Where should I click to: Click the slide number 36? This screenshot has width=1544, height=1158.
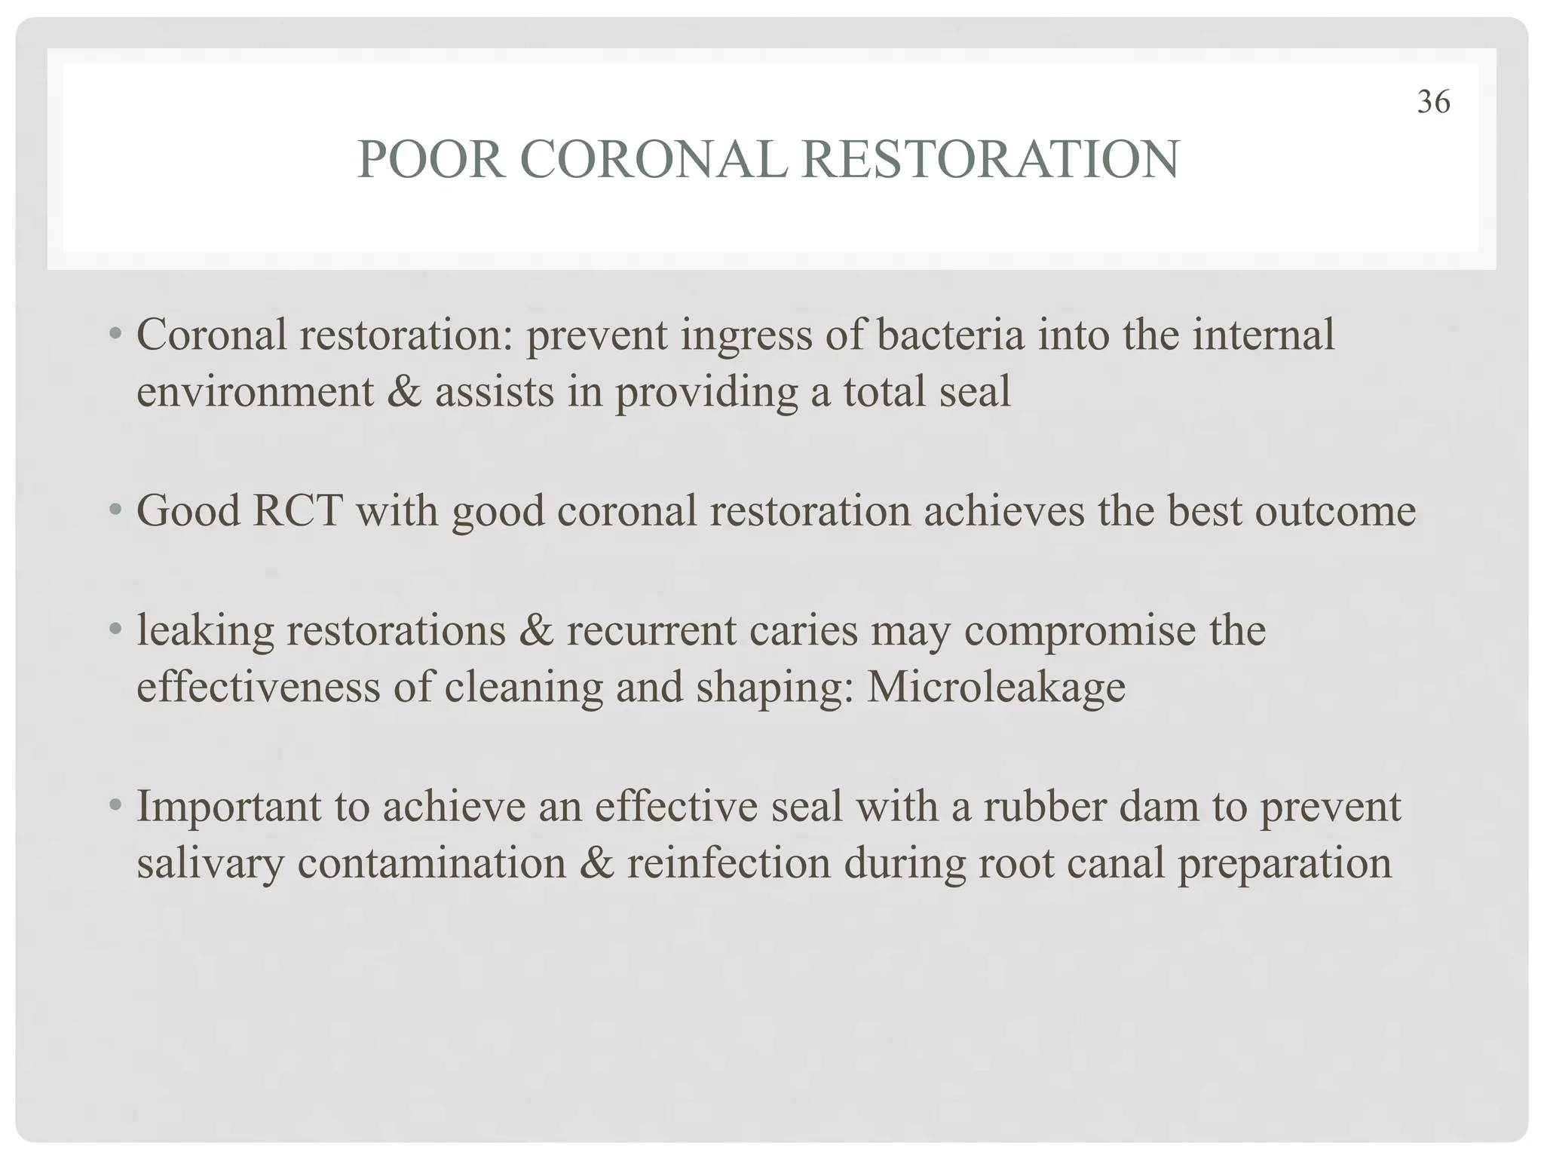(1433, 103)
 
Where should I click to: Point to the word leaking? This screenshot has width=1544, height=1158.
(205, 632)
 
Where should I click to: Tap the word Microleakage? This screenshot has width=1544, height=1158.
(996, 688)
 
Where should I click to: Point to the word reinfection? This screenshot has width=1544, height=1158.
(729, 862)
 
